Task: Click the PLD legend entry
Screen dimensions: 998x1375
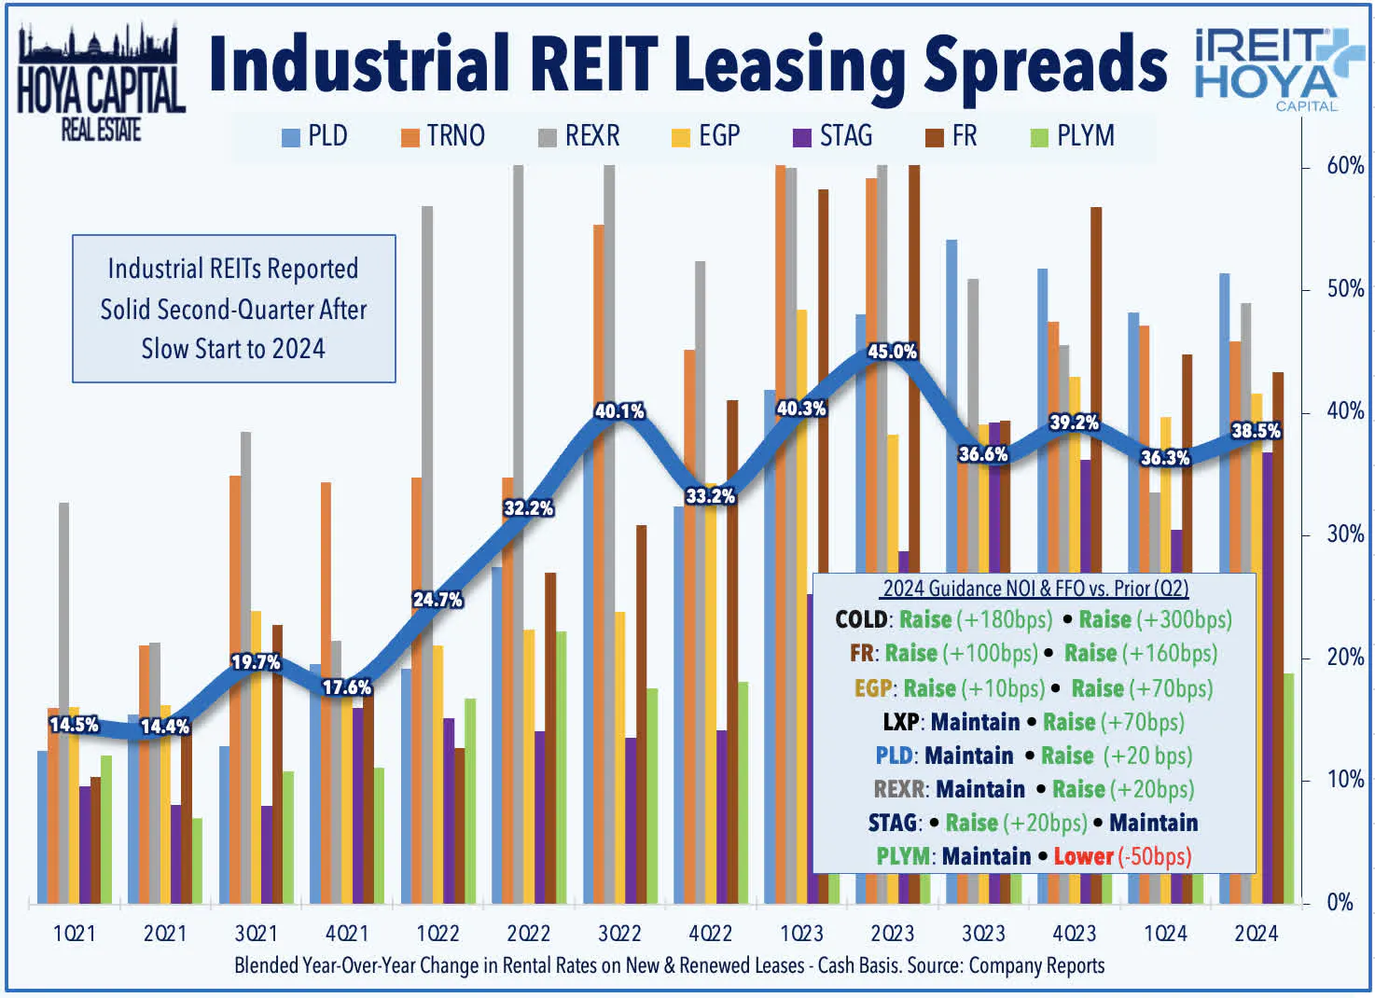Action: pyautogui.click(x=315, y=136)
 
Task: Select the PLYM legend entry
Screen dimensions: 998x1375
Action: pyautogui.click(x=1073, y=136)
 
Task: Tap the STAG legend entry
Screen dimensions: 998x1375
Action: pyautogui.click(x=833, y=136)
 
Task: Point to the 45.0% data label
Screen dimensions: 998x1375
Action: pyautogui.click(x=892, y=352)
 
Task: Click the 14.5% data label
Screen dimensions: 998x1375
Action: pyautogui.click(x=74, y=725)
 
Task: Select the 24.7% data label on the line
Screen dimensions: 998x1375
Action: pyautogui.click(x=437, y=600)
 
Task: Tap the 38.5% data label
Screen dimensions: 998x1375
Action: pyautogui.click(x=1256, y=431)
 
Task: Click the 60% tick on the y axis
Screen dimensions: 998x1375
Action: pyautogui.click(x=1344, y=166)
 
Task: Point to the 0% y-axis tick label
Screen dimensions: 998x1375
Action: pyautogui.click(x=1340, y=902)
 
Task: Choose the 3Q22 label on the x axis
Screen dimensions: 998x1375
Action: pyautogui.click(x=619, y=934)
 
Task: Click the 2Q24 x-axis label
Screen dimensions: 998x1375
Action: pyautogui.click(x=1256, y=934)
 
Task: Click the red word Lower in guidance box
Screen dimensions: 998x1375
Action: pyautogui.click(x=1083, y=856)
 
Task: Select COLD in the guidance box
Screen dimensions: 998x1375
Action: pyautogui.click(x=861, y=620)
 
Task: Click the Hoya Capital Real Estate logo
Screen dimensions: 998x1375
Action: pyautogui.click(x=101, y=84)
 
